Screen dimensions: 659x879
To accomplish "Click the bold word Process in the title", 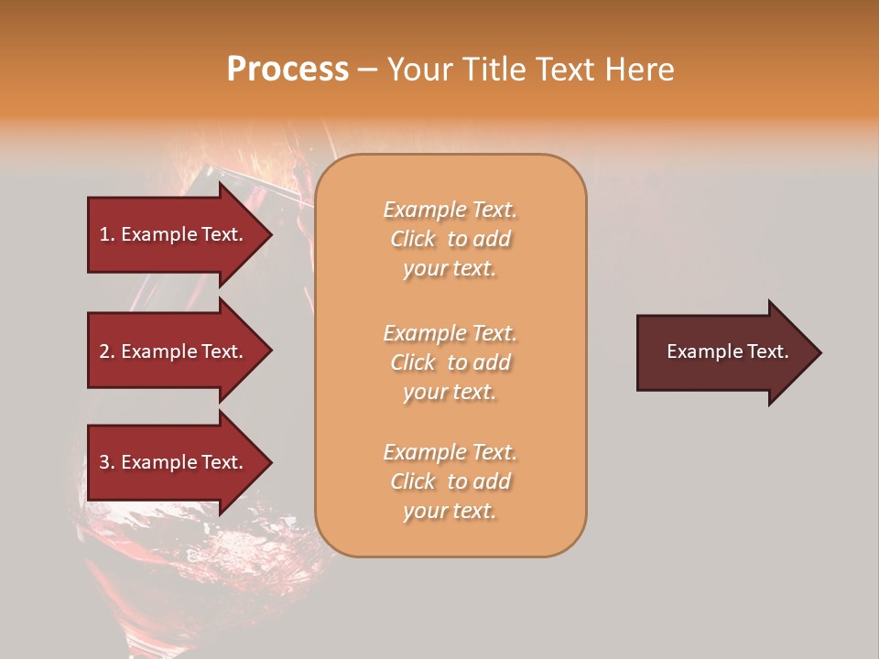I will click(x=288, y=70).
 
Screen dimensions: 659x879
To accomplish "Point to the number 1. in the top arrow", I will click(x=107, y=234).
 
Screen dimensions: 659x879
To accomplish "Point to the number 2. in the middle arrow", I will click(x=107, y=351).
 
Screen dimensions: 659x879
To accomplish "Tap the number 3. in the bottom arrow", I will click(x=107, y=462).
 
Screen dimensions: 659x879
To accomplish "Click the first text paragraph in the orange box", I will click(x=450, y=239).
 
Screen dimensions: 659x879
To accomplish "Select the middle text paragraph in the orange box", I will click(x=450, y=362).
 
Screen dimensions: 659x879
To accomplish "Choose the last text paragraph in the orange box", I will click(x=450, y=481).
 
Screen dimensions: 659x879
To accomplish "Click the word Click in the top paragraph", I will click(x=413, y=239).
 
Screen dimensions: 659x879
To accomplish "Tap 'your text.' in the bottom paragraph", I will click(x=450, y=511).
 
